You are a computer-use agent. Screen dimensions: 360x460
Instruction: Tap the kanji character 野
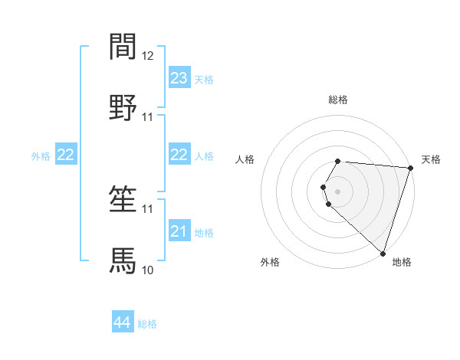[x=123, y=108]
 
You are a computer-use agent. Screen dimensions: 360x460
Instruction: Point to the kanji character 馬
[x=123, y=260]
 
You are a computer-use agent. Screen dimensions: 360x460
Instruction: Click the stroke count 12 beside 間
[x=148, y=55]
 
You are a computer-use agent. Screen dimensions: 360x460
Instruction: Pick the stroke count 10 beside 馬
[x=148, y=270]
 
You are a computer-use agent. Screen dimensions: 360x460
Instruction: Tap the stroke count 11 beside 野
[x=148, y=117]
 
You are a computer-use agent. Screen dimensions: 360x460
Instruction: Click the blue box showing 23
[x=179, y=78]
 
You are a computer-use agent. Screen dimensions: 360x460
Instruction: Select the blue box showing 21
[x=179, y=231]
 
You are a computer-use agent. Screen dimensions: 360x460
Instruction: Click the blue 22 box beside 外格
[x=66, y=155]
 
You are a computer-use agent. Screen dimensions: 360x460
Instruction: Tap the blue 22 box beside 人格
[x=179, y=155]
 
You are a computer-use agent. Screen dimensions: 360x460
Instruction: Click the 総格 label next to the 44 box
[x=147, y=324]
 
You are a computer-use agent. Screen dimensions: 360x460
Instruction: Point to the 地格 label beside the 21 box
[x=204, y=232]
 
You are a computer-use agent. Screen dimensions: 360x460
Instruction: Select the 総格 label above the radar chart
[x=338, y=100]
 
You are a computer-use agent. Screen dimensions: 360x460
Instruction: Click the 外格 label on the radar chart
[x=270, y=262]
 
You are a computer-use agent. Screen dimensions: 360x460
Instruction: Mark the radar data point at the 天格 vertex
[x=410, y=168]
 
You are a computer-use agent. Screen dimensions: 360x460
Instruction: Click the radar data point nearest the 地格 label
[x=383, y=254]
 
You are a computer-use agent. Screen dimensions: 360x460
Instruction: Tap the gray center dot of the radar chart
[x=338, y=191]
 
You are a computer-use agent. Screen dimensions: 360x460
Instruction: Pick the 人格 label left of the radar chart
[x=245, y=159]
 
